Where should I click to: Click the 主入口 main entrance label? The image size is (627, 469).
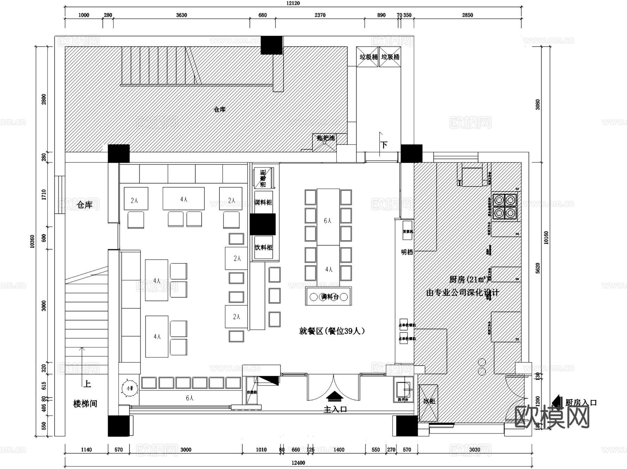335,409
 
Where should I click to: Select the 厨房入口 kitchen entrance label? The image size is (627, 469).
581,402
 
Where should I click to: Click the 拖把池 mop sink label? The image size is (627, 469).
325,138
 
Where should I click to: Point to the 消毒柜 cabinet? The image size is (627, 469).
263,178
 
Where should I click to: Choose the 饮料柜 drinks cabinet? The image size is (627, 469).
263,248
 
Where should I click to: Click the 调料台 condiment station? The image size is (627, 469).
328,297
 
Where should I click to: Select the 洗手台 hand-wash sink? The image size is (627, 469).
403,390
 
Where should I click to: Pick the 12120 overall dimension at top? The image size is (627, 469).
293,3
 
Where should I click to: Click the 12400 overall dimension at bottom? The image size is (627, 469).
298,463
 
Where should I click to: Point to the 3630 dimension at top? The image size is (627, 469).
181,15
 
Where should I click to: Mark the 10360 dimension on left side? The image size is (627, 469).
32,241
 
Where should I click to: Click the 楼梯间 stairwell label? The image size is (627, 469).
85,404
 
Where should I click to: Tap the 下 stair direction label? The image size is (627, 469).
384,145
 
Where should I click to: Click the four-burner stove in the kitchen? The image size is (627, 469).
504,206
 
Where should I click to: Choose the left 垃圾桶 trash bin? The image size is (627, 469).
368,57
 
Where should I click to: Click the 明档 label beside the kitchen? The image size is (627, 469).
407,252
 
